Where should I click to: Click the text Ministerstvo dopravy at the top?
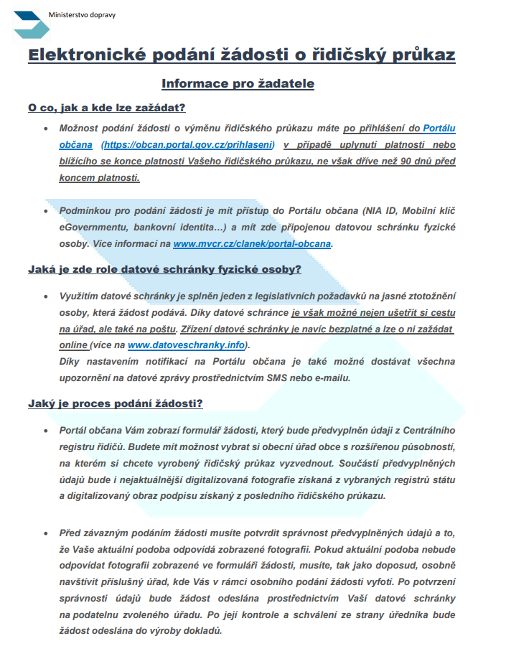point(80,14)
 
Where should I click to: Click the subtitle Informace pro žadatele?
point(238,84)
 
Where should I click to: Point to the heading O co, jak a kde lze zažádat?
point(107,108)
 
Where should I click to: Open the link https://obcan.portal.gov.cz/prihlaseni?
point(189,145)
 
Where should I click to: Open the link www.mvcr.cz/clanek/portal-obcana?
point(253,244)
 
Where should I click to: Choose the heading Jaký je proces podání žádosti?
point(116,403)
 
